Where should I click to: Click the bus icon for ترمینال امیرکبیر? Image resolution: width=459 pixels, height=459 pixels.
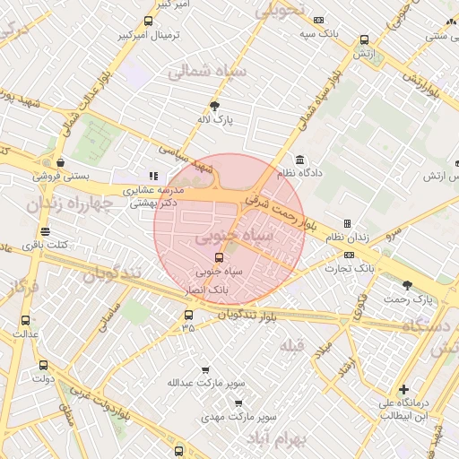(x=148, y=21)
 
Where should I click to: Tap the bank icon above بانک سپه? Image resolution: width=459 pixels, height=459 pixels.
(x=318, y=20)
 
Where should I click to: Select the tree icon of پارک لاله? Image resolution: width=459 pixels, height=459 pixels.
(x=213, y=104)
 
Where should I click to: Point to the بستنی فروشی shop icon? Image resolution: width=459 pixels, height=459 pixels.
(x=60, y=162)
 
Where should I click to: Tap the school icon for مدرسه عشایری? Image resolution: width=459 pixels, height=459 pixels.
(x=153, y=176)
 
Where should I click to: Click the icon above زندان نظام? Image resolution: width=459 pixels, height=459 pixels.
(x=347, y=223)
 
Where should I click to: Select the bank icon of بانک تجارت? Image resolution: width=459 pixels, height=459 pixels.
(x=349, y=255)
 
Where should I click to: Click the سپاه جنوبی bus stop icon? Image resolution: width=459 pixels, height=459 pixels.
(x=220, y=257)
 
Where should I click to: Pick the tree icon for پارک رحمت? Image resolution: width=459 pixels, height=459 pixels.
(x=408, y=284)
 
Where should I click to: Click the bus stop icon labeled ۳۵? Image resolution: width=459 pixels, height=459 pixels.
(x=188, y=315)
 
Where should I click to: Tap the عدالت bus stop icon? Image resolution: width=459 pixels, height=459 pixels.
(x=24, y=320)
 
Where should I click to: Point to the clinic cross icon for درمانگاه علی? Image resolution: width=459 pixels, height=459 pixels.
(x=404, y=390)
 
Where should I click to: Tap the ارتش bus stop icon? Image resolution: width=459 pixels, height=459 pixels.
(x=364, y=39)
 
